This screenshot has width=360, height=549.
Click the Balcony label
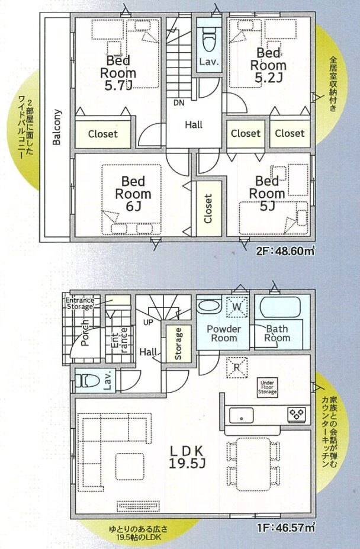click(57, 127)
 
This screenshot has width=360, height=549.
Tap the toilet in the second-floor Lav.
click(209, 38)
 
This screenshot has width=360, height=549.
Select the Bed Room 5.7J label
click(118, 73)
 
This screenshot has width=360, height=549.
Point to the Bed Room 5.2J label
click(268, 65)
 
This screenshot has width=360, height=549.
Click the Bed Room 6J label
click(133, 194)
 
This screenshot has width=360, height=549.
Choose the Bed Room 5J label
click(267, 193)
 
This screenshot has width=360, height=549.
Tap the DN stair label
click(179, 103)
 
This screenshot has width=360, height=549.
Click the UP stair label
click(148, 322)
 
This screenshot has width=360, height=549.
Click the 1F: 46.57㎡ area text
click(285, 527)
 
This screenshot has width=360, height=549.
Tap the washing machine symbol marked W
click(237, 307)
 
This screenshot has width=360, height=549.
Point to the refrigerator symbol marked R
click(237, 368)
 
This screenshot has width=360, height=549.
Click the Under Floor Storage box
click(268, 387)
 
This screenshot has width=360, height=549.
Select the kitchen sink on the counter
click(242, 416)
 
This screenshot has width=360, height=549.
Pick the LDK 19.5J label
click(187, 457)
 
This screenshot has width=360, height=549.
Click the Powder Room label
click(223, 333)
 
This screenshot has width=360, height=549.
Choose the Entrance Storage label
click(80, 303)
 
